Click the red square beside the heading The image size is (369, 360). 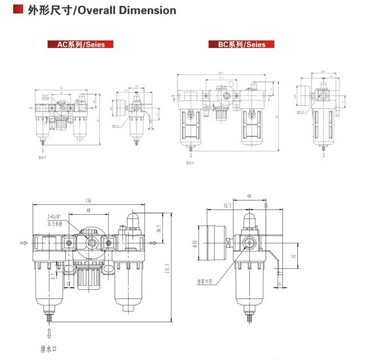tap(18, 10)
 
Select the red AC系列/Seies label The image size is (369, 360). tap(81, 45)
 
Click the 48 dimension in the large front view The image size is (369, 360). tap(88, 211)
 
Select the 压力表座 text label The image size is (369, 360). tap(55, 223)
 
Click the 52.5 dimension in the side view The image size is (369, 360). tap(227, 206)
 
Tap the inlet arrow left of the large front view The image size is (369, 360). tap(23, 243)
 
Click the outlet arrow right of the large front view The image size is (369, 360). tap(153, 243)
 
